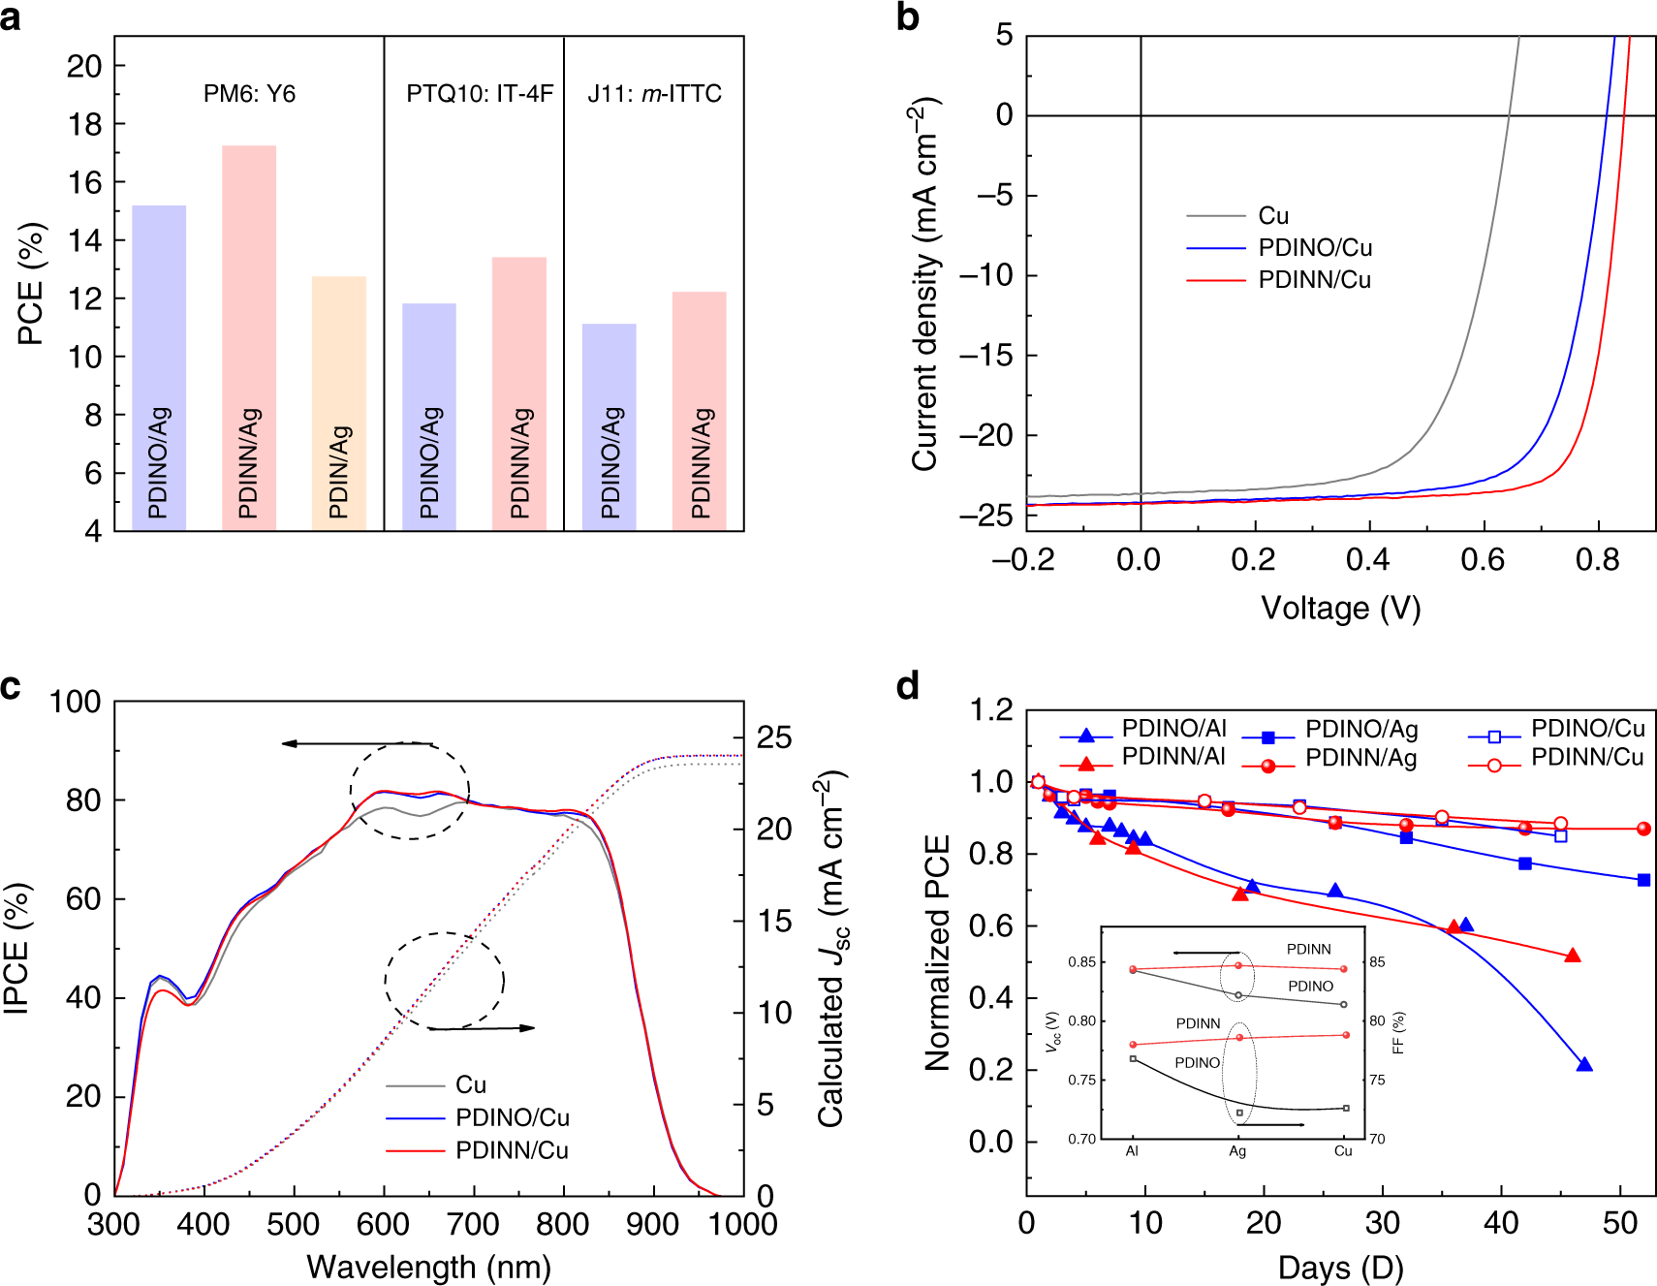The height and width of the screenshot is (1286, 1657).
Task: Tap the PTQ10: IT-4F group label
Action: coord(480,94)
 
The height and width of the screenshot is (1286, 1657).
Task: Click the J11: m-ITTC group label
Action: coord(654,94)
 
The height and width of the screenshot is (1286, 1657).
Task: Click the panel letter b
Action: coord(907,17)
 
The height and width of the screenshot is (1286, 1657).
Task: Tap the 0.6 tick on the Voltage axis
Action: coord(1483,560)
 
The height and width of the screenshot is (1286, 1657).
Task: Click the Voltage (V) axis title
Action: coord(1340,609)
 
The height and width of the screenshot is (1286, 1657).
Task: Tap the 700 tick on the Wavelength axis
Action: coord(473,1225)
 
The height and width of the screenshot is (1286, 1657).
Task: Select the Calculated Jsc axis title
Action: coord(831,950)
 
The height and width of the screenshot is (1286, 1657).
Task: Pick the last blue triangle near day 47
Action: coord(1584,1065)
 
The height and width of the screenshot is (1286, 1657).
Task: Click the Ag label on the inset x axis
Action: coord(1237,1151)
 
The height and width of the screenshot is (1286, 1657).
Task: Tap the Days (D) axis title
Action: coord(1340,1268)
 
